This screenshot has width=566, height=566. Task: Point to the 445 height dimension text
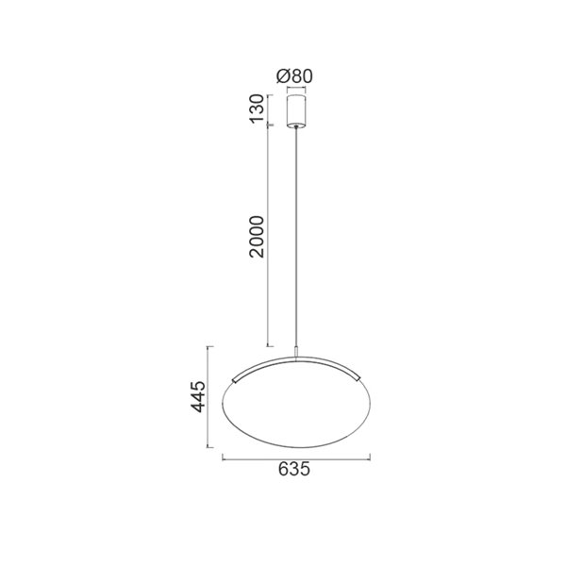pos(197,399)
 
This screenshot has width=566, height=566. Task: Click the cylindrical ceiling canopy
pos(298,108)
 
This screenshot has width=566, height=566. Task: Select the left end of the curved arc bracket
pos(233,376)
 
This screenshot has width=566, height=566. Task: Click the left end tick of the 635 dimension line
pos(223,457)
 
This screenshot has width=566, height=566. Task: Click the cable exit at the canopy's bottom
pos(298,127)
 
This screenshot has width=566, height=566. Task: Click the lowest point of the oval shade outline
pos(298,450)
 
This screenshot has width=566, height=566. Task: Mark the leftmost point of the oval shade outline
pos(224,400)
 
